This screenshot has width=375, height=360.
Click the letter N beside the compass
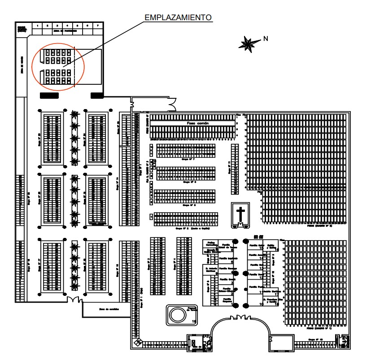click(x=266, y=39)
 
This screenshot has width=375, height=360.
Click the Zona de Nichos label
click(x=23, y=65)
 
